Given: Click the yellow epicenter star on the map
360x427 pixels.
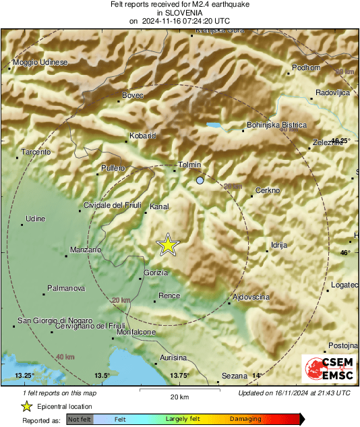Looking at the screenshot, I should tap(167, 246).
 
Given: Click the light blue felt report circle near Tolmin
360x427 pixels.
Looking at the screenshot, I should tap(200, 181).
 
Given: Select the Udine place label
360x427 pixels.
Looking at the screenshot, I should tap(35, 219).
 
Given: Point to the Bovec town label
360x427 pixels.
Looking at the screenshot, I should tap(133, 96).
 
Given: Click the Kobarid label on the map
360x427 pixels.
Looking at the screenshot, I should tap(142, 136).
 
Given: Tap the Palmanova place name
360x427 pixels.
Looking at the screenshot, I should tap(65, 288).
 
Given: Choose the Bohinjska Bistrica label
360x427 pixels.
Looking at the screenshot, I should tap(276, 125).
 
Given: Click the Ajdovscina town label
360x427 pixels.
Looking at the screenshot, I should tap(251, 297).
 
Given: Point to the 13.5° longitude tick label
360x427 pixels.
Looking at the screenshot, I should tap(101, 376).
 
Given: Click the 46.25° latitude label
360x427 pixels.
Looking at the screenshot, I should tap(340, 140).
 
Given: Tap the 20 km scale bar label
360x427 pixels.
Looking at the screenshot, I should tap(179, 396).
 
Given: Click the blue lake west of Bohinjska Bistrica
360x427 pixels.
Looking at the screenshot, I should tap(214, 125).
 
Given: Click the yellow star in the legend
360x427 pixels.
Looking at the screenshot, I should tap(26, 407).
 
